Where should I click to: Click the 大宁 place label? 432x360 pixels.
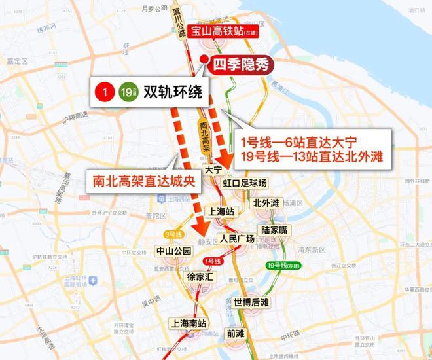pyautogui.click(x=214, y=169)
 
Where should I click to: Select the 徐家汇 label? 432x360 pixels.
pyautogui.click(x=200, y=277)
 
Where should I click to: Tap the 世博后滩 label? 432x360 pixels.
pyautogui.click(x=251, y=302)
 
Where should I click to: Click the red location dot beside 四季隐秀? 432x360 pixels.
pyautogui.click(x=206, y=63)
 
